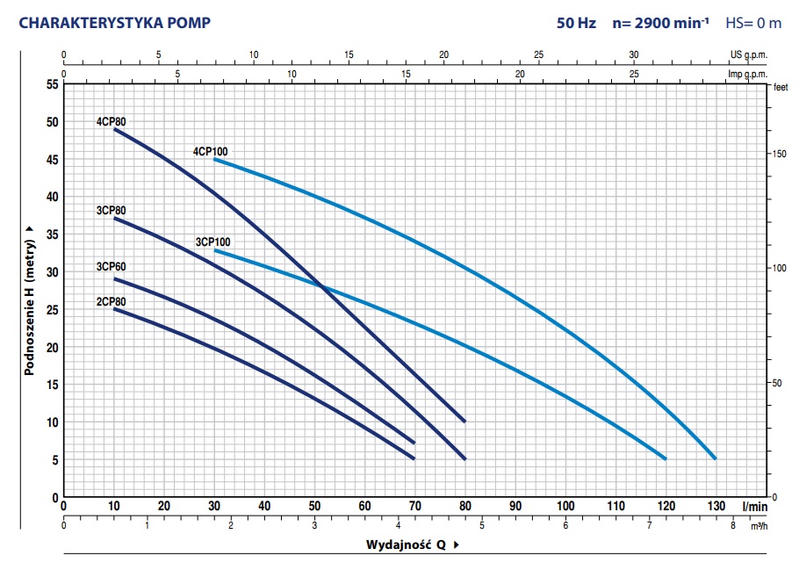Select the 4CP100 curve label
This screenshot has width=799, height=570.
211,151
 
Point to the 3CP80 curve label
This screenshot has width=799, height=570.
112,210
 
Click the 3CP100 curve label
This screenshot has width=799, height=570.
212,242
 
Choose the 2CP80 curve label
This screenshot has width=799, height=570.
112,301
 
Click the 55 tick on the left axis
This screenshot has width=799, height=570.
51,84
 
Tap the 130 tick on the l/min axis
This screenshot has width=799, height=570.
716,507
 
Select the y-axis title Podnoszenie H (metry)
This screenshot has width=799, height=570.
30,299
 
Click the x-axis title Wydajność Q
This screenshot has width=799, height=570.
407,545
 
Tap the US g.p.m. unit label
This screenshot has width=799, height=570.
748,54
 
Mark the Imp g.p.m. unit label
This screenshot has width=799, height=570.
748,75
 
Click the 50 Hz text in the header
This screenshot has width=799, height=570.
576,23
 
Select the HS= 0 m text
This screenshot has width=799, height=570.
752,23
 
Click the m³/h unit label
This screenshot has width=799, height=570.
759,526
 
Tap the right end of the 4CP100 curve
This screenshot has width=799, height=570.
716,458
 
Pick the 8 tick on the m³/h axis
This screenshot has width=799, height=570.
733,525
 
